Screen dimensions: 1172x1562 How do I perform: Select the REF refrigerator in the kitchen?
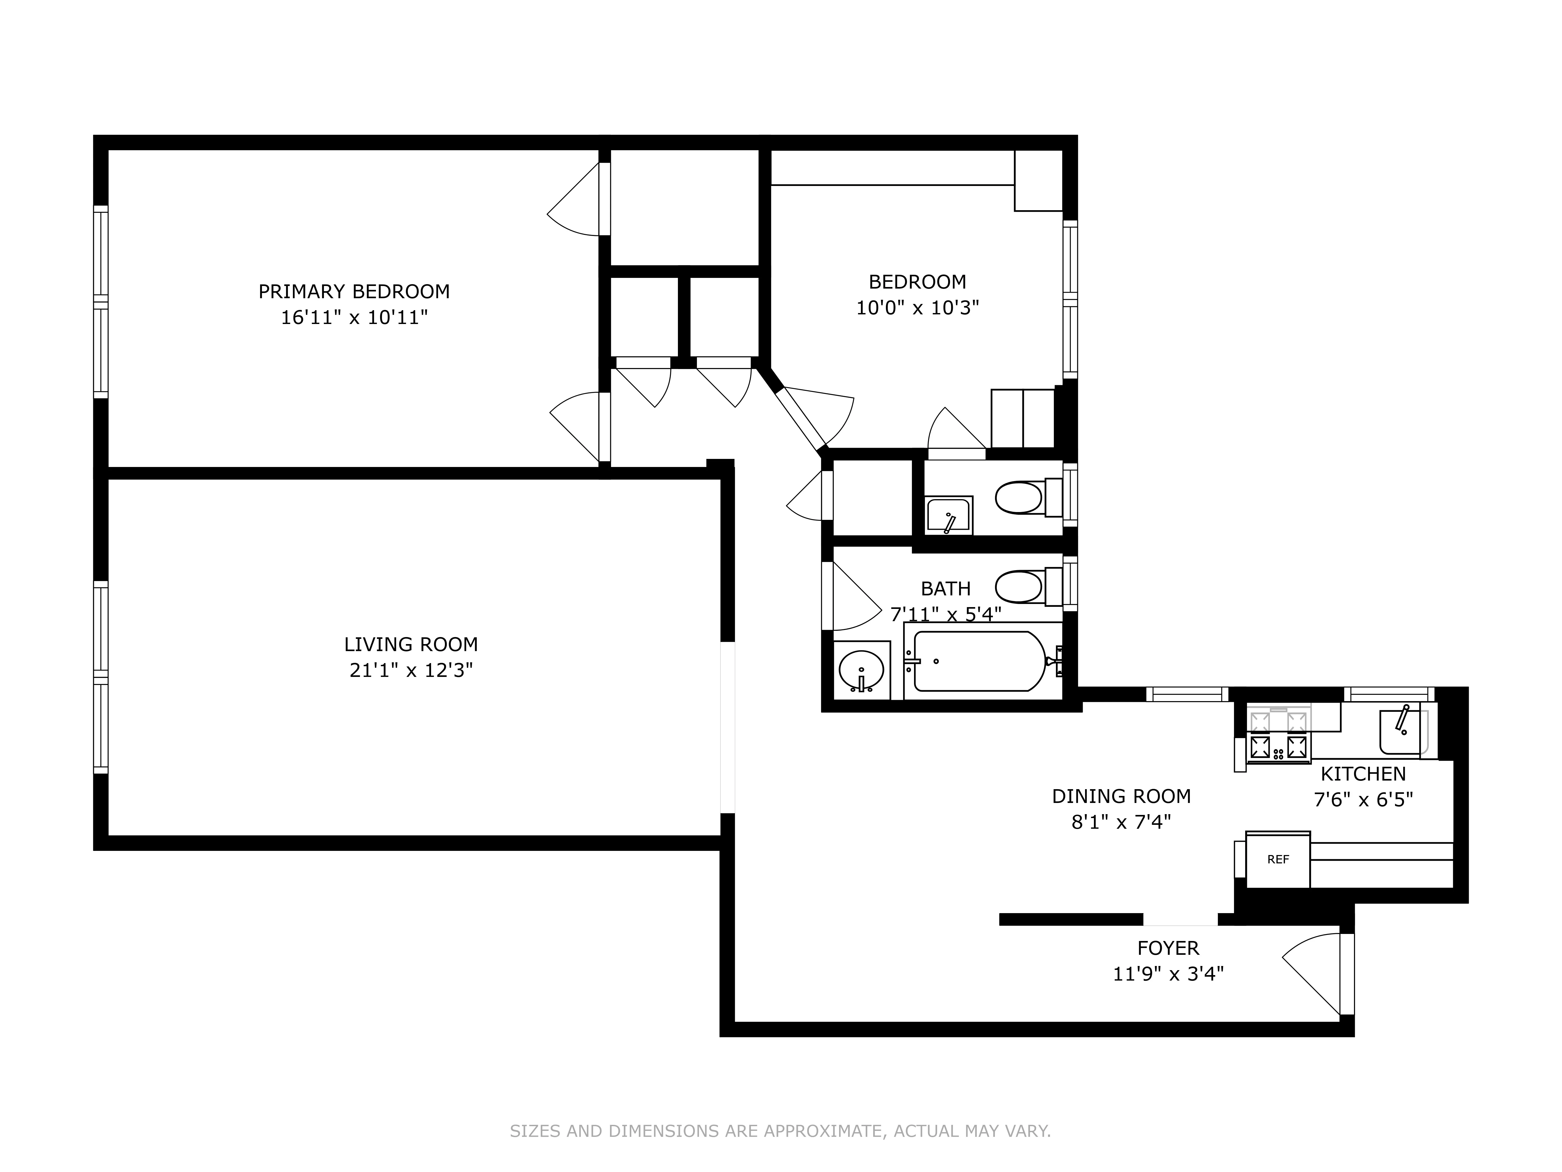(1277, 860)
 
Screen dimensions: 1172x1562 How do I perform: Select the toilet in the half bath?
(1019, 498)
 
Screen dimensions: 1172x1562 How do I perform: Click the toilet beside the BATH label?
(1019, 586)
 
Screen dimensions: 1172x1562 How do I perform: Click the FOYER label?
(1168, 948)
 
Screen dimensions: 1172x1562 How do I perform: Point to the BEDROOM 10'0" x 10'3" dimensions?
(917, 308)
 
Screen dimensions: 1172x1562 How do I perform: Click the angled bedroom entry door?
(819, 417)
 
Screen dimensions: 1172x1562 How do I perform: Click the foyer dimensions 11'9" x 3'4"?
(1168, 974)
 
